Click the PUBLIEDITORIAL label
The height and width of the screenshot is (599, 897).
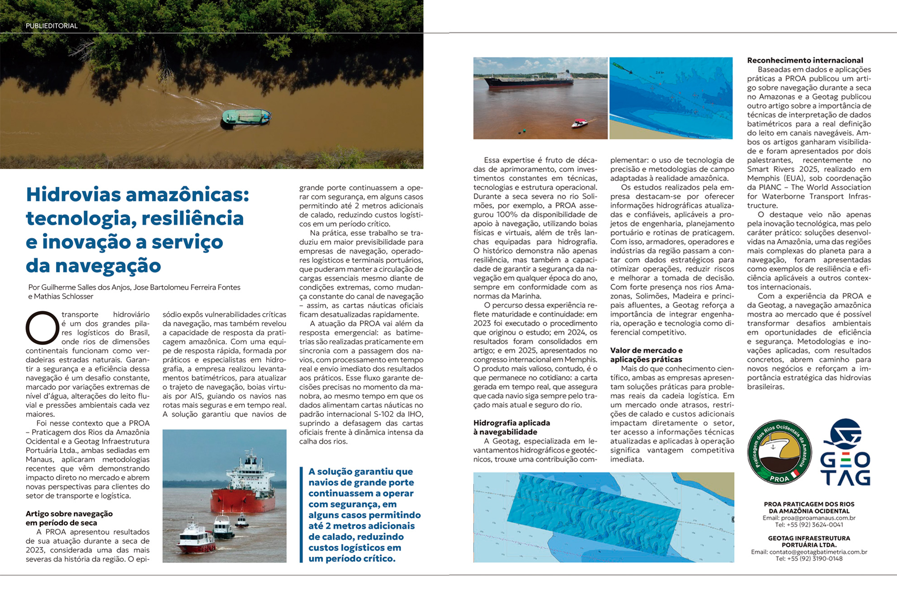click(52, 26)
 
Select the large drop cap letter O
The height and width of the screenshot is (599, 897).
click(42, 328)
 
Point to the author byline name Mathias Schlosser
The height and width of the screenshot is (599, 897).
click(63, 296)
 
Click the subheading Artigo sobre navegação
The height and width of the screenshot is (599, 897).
click(69, 513)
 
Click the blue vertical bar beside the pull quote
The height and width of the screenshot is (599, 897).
click(301, 514)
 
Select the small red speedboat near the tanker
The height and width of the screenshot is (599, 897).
click(579, 123)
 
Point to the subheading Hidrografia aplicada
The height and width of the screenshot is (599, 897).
click(511, 423)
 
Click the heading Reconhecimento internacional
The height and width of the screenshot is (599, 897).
click(805, 60)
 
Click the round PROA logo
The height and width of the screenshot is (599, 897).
click(779, 452)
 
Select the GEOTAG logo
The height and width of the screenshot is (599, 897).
click(845, 452)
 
